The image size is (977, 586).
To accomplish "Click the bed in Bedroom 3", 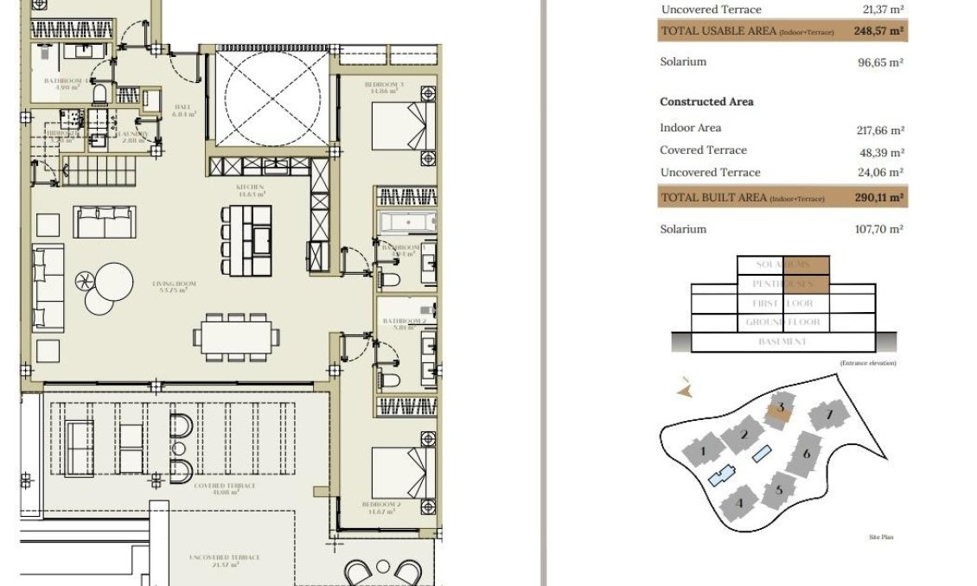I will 398,126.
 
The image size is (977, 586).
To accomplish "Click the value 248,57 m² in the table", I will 879,31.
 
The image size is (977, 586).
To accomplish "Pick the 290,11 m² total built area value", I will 879,198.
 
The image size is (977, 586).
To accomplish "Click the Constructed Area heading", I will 706,102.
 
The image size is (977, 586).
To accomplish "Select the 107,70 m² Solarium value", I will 878,230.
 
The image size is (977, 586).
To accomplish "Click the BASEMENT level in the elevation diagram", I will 782,342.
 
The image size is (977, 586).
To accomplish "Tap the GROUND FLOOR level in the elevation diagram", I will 782,322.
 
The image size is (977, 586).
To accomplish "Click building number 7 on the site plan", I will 829,417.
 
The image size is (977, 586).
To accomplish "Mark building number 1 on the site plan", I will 703,450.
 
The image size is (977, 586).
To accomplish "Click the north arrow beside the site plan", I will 685,390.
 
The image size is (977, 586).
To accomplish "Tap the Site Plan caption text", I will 881,538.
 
